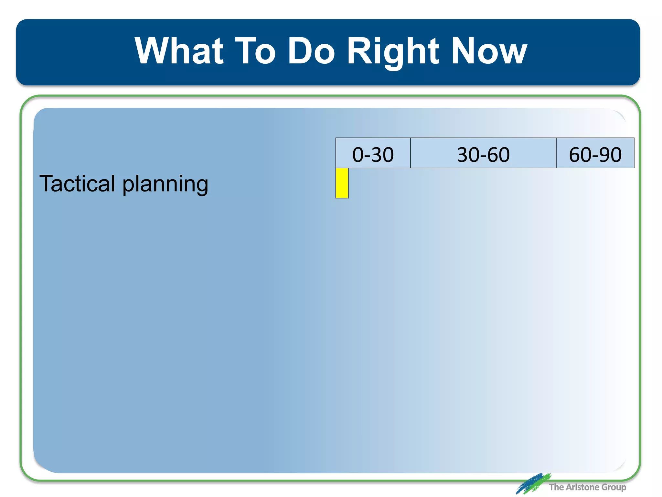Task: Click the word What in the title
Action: pos(179,51)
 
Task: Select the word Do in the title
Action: pos(311,51)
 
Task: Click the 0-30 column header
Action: pos(373,154)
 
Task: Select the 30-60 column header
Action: pos(483,154)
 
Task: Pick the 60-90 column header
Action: pos(595,154)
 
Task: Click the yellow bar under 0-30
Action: pos(342,183)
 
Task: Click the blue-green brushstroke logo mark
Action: pos(533,483)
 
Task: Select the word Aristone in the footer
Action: pos(582,487)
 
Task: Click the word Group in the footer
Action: pos(614,487)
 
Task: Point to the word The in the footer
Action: pos(556,487)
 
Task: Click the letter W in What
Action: pos(151,51)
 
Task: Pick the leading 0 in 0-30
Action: pos(358,154)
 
